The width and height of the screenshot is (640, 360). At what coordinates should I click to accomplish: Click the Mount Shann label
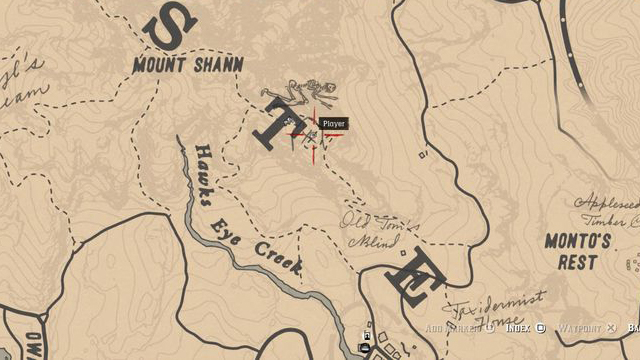point(188,66)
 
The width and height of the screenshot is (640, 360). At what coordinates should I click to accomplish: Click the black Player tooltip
point(333,123)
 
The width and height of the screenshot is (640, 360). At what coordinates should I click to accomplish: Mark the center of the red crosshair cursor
point(314,132)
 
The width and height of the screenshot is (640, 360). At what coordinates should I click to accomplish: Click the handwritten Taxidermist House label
point(496,304)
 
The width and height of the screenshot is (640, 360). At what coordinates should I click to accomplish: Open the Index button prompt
point(524,327)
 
